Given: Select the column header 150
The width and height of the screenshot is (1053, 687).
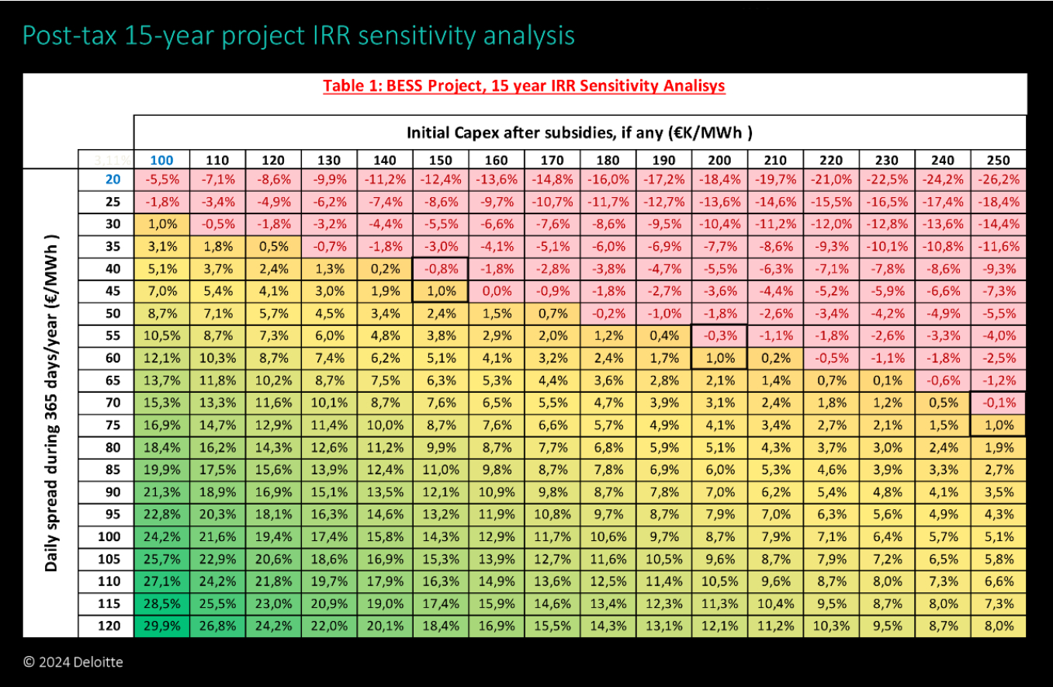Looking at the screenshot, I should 441,160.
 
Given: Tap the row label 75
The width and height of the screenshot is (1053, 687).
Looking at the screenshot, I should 106,425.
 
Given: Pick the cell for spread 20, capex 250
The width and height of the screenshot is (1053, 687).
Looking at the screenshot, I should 998,179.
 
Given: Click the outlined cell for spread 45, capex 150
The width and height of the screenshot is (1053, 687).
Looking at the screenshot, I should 441,290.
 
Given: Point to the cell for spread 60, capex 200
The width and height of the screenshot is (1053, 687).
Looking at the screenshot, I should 719,358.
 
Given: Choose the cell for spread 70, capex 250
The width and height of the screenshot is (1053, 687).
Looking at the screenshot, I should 998,403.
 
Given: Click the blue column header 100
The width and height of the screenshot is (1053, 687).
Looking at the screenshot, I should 161,160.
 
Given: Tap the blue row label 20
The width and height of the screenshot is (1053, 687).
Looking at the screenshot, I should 106,179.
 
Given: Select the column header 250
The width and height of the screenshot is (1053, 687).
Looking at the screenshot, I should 998,160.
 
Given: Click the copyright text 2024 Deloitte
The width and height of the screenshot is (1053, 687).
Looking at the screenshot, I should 74,662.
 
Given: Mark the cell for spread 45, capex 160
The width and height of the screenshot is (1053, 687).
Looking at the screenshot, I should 497,290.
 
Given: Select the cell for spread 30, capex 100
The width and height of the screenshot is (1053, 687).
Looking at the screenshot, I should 161,224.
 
